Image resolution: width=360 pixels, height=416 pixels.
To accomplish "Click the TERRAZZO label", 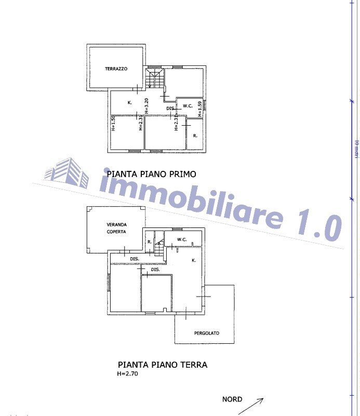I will (x=116, y=69).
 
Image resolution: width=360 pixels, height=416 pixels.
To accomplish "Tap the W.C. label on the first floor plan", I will (x=188, y=106).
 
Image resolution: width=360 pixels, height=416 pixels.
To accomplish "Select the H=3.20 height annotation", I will (x=147, y=105).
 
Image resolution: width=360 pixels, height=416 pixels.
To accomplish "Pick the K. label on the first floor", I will (x=130, y=103).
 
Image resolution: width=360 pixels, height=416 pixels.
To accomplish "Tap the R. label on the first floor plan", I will (x=195, y=136).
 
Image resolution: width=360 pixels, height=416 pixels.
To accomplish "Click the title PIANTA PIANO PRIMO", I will (x=151, y=175).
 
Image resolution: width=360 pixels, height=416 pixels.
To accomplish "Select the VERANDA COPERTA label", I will (x=117, y=228).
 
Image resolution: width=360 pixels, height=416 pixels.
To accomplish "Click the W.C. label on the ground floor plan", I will (x=182, y=239).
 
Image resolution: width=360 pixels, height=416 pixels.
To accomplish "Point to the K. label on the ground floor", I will (x=193, y=260).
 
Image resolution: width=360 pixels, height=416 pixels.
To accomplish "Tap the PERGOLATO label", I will (x=207, y=333).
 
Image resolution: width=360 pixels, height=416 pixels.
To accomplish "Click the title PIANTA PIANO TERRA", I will (x=163, y=365).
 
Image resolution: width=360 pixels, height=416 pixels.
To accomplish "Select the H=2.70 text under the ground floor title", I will (x=128, y=373).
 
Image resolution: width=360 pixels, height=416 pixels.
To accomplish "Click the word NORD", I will (x=232, y=399).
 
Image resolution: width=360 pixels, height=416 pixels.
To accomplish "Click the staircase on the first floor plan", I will (x=154, y=79).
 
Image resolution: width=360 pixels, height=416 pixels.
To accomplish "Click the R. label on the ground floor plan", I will (x=149, y=241).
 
